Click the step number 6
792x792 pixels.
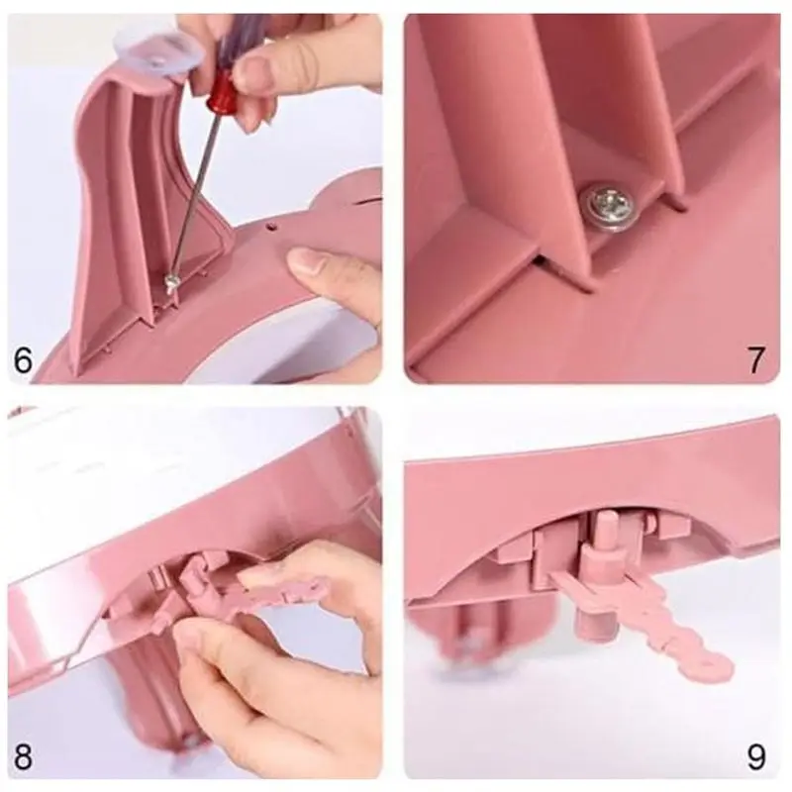(23, 360)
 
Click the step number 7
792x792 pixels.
(755, 360)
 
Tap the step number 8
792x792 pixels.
(23, 755)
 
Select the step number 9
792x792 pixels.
(756, 756)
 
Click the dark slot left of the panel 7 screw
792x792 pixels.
(542, 261)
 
